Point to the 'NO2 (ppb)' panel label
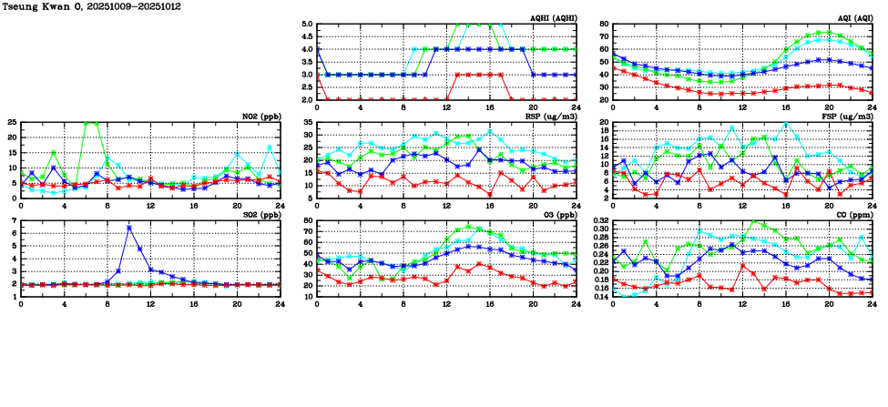click(x=260, y=117)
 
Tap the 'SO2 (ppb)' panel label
click(x=260, y=216)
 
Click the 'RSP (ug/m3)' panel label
click(x=552, y=117)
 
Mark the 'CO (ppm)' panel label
click(x=852, y=216)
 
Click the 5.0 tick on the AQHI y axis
click(x=305, y=25)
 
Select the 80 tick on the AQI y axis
click(x=603, y=25)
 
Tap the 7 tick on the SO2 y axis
click(x=14, y=221)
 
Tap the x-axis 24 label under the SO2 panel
click(x=281, y=303)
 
